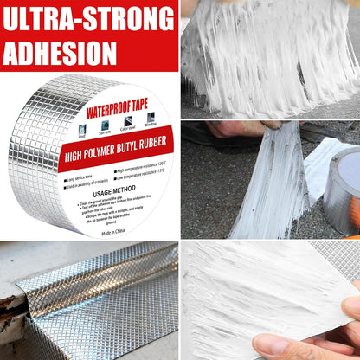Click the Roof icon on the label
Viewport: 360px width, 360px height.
click(x=81, y=126)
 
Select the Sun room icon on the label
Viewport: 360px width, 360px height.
click(x=105, y=124)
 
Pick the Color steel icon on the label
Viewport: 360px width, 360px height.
click(x=128, y=120)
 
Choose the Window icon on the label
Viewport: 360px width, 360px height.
click(x=151, y=118)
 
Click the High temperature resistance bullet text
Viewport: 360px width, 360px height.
click(x=140, y=164)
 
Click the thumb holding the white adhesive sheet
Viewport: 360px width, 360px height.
click(x=350, y=310)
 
